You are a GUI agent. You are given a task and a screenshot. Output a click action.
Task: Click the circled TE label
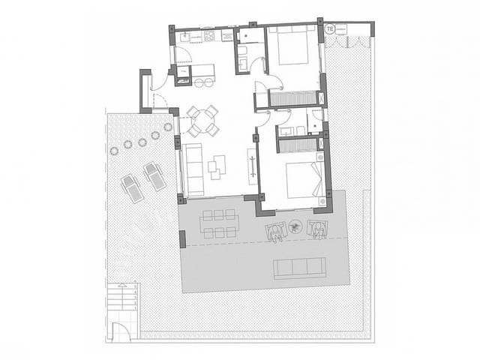pos(330,28)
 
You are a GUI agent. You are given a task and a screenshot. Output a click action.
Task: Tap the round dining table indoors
pos(202,119)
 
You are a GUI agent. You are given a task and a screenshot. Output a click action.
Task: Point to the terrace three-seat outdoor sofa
pos(300,268)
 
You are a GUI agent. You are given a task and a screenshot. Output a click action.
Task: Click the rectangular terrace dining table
pos(219,223)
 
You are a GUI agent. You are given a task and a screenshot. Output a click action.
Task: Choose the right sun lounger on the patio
pos(154,175)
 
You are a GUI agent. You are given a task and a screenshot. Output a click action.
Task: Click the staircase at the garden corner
pos(121,297)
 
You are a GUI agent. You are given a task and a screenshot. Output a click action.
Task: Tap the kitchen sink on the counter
pos(190,35)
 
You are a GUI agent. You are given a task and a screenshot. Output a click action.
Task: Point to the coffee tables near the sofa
pos(217,165)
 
